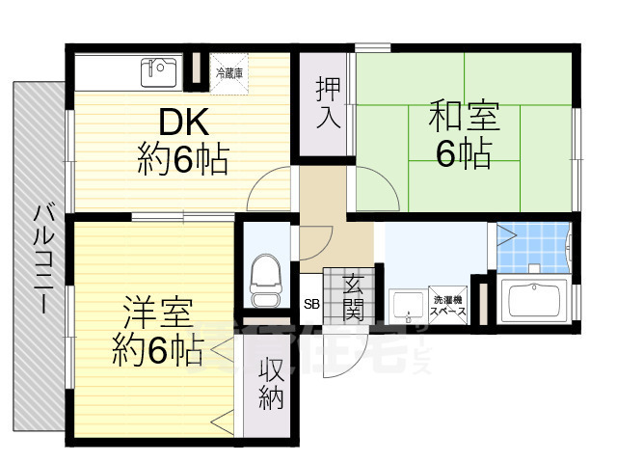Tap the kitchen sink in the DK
pyautogui.click(x=158, y=70)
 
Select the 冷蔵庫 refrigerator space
pyautogui.click(x=230, y=72)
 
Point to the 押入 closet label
pyautogui.click(x=327, y=103)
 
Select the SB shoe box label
pyautogui.click(x=311, y=305)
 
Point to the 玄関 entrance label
pyautogui.click(x=353, y=296)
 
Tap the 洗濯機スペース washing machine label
pyautogui.click(x=448, y=306)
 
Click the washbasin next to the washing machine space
pyautogui.click(x=407, y=305)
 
